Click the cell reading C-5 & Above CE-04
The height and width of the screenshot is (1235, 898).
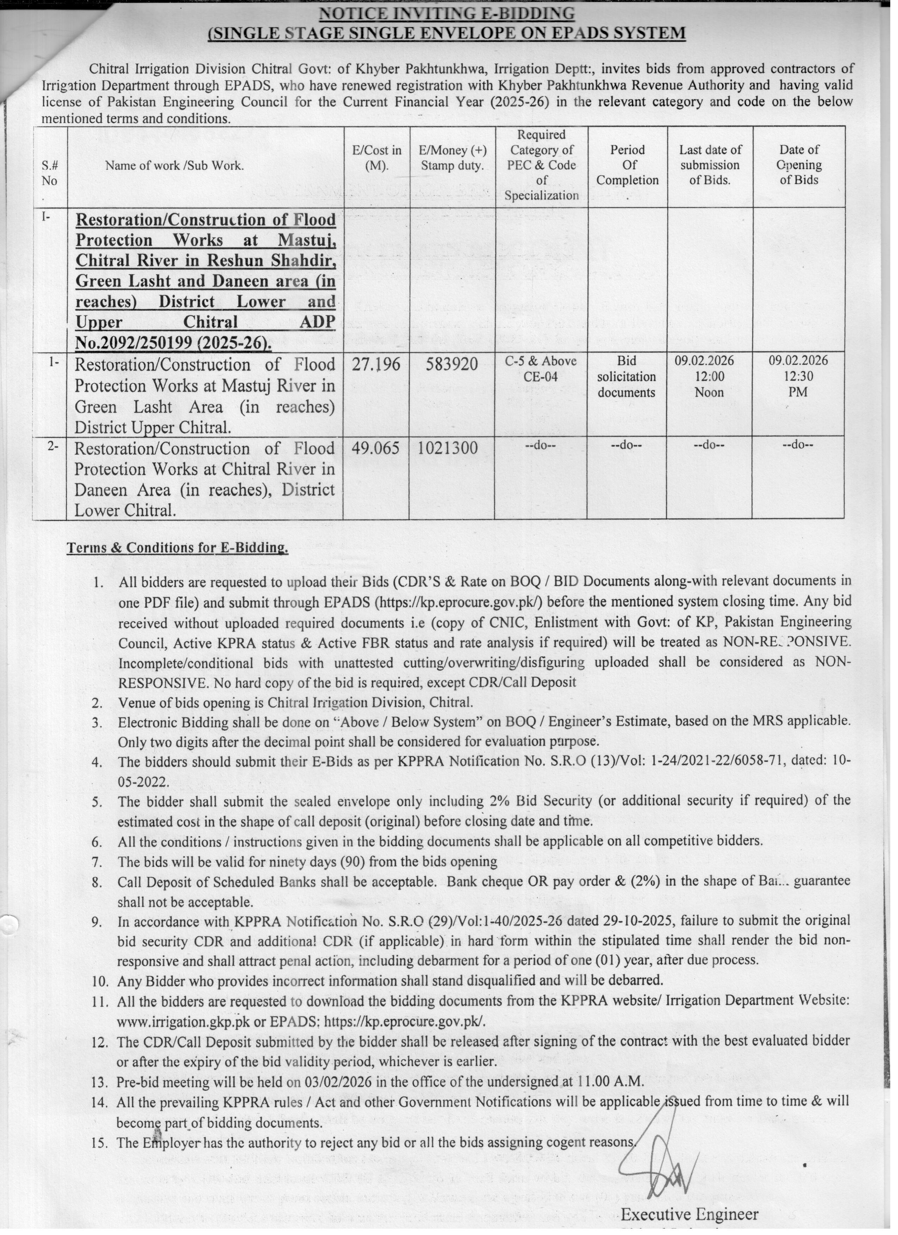[541, 369]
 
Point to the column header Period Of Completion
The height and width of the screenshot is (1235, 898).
[627, 165]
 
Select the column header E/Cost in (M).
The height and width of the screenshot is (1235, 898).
[376, 158]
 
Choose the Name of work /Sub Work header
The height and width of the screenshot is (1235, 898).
[174, 166]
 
